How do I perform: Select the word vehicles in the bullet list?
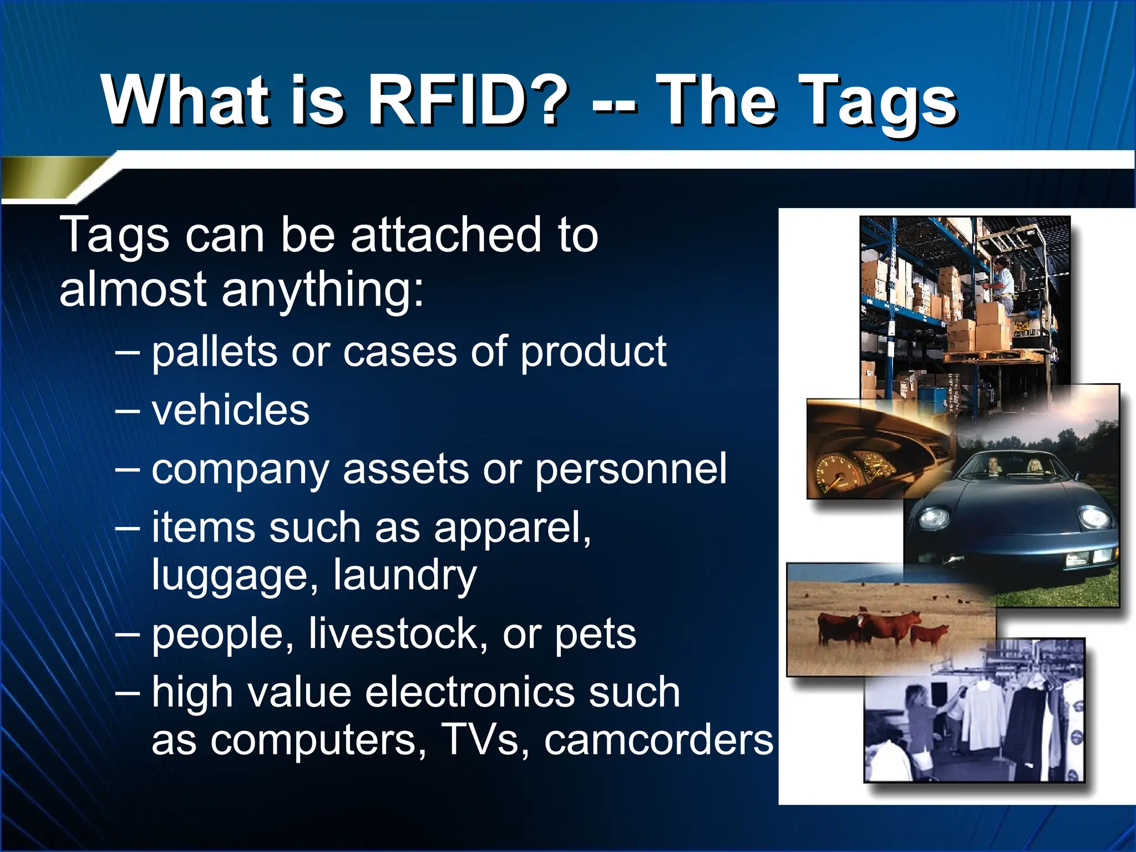pyautogui.click(x=230, y=410)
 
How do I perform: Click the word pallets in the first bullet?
pyautogui.click(x=214, y=352)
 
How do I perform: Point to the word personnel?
pyautogui.click(x=631, y=469)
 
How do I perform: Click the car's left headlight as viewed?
pyautogui.click(x=935, y=518)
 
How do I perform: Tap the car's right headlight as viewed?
pyautogui.click(x=1094, y=517)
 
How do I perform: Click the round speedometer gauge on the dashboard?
pyautogui.click(x=834, y=472)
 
